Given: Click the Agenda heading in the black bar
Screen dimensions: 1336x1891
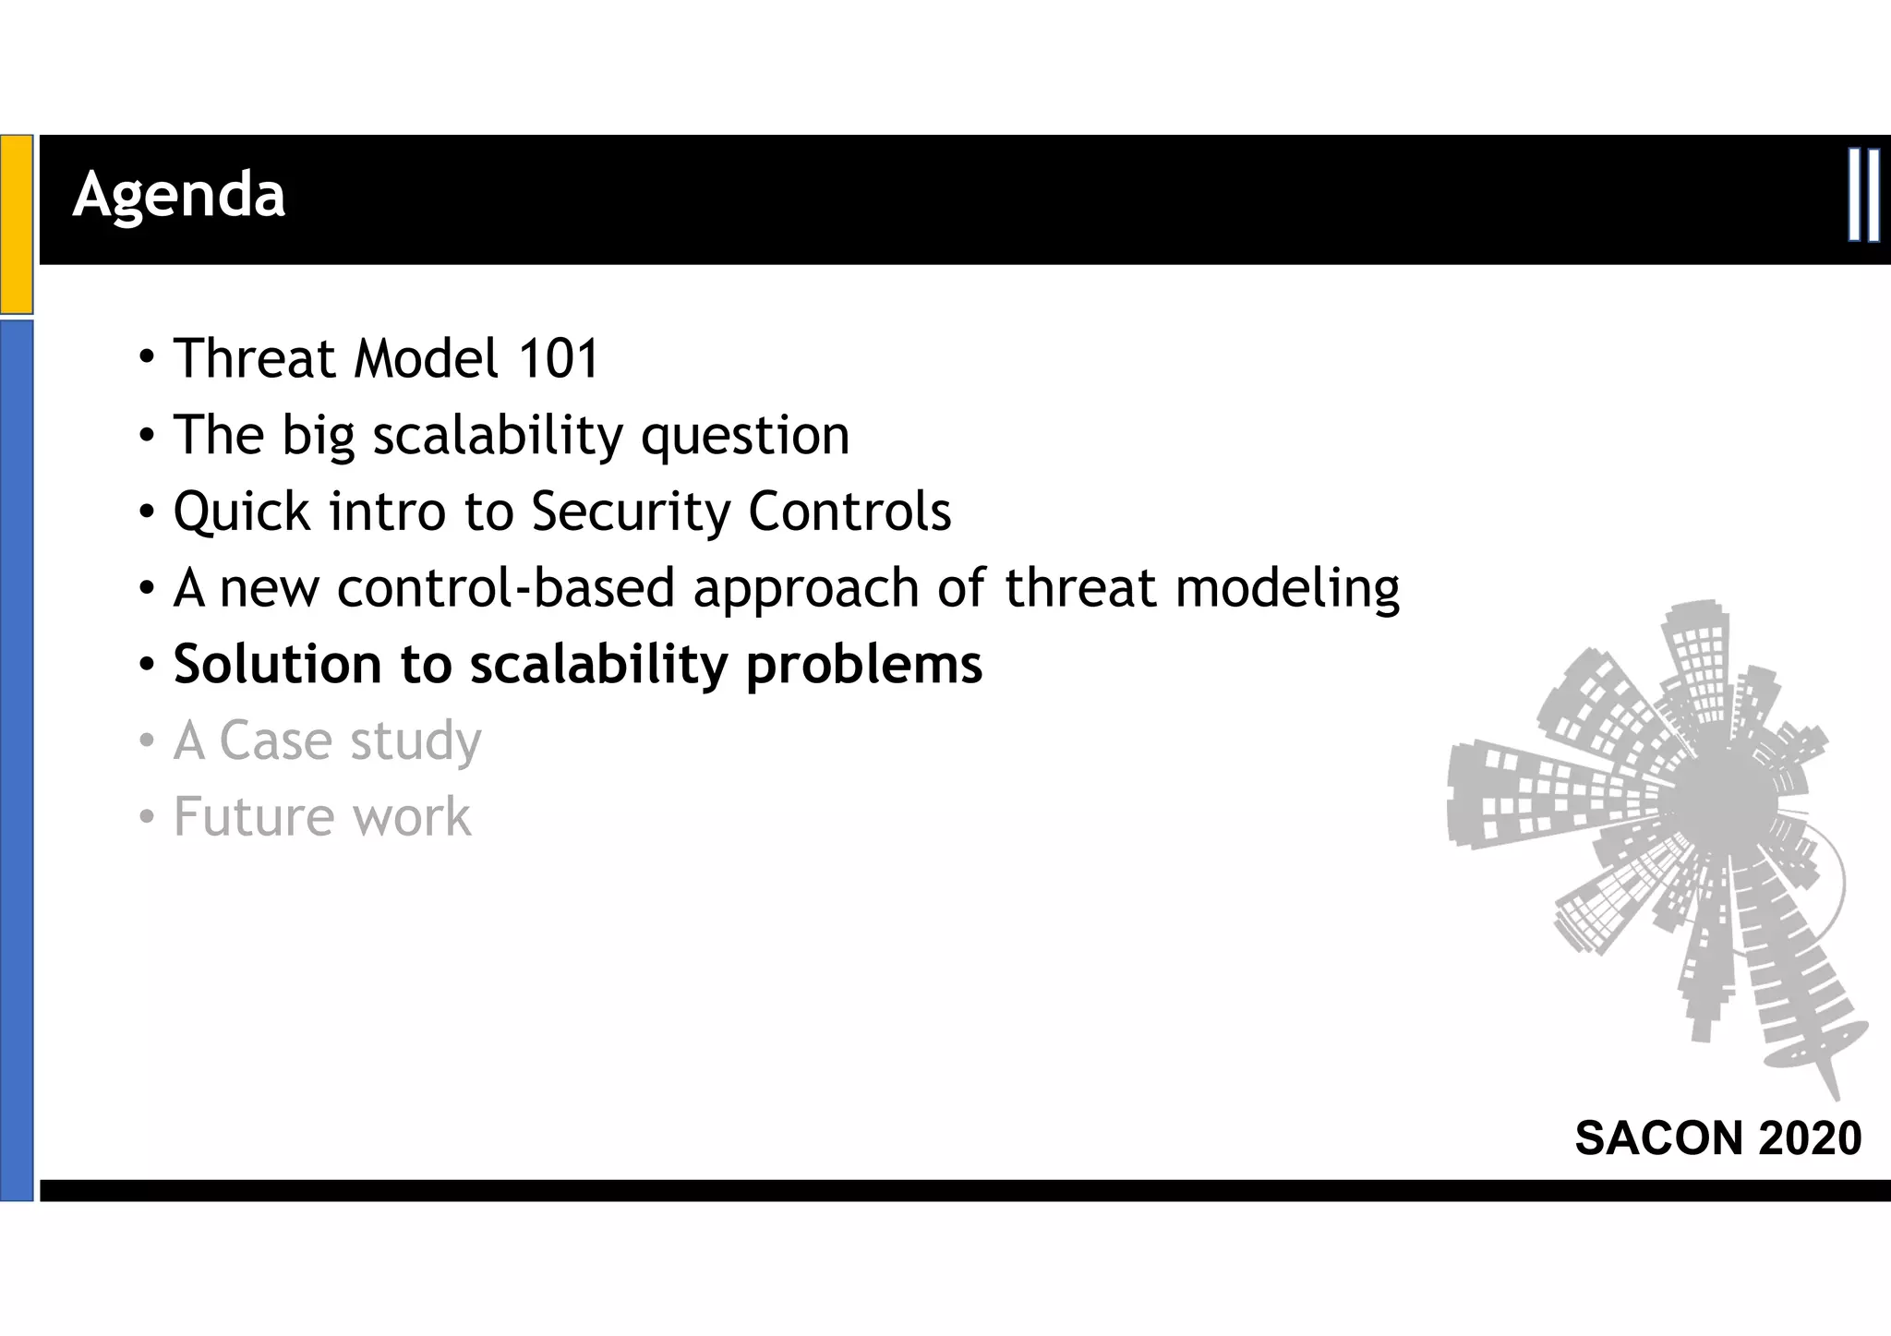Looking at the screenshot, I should click(x=179, y=196).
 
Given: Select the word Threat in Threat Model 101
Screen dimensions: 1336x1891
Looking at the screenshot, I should click(x=254, y=358).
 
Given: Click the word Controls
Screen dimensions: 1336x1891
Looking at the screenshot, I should click(x=849, y=512).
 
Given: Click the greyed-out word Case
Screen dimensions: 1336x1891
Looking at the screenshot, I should click(x=275, y=740).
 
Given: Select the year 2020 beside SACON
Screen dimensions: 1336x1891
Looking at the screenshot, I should click(x=1811, y=1137).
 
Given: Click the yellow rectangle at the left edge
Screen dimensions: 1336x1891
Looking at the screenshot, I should click(x=17, y=223).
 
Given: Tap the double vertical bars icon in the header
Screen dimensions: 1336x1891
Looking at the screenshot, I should click(x=1863, y=195).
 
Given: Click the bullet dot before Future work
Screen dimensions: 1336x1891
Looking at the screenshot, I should click(x=146, y=817).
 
